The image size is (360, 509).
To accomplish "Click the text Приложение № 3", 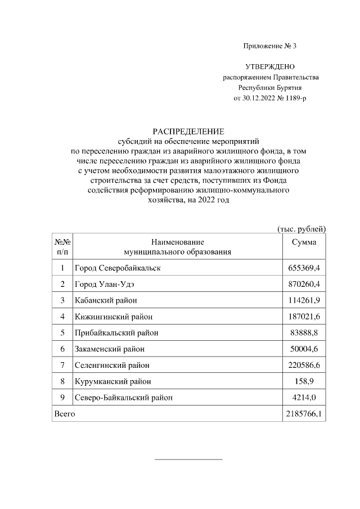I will click(269, 46).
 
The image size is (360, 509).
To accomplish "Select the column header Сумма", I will click(304, 242).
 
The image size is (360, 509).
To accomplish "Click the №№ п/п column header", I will click(62, 246).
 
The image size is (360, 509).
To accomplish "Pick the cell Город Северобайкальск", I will click(118, 268).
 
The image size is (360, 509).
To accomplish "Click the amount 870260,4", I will click(304, 284).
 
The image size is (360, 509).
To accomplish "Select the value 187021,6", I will click(304, 317).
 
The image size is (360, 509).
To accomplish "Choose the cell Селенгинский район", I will click(112, 366).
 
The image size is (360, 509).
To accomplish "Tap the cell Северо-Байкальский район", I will click(124, 398).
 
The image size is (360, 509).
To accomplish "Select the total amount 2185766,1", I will click(304, 415).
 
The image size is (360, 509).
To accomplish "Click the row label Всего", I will click(64, 415).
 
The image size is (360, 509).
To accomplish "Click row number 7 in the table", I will click(62, 366).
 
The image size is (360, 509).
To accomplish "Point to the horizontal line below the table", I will click(188, 460).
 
